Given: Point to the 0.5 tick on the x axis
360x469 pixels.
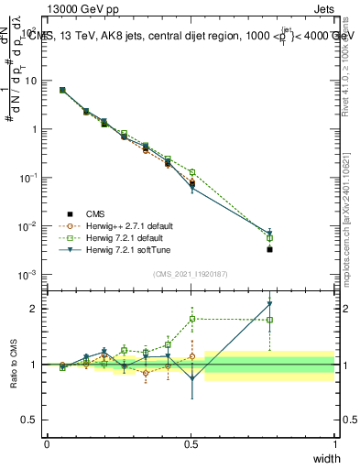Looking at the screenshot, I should point(191,443).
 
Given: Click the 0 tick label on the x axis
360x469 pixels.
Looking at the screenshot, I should point(47,443).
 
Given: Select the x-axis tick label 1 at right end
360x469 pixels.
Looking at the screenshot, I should point(335,443).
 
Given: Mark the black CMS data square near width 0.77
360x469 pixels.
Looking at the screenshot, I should point(269,248).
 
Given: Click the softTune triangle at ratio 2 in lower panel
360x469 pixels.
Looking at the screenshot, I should point(269,304).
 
